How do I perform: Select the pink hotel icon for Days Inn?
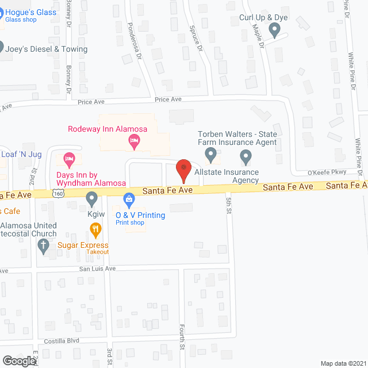click(x=69, y=158)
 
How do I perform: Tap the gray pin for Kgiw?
click(x=91, y=199)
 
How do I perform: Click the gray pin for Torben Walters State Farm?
click(x=210, y=155)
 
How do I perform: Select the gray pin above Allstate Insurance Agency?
click(x=246, y=156)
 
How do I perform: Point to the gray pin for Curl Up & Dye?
click(x=274, y=28)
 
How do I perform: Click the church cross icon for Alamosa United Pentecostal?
click(x=43, y=246)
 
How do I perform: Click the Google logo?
click(x=19, y=361)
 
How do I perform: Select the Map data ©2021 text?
click(x=342, y=363)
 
